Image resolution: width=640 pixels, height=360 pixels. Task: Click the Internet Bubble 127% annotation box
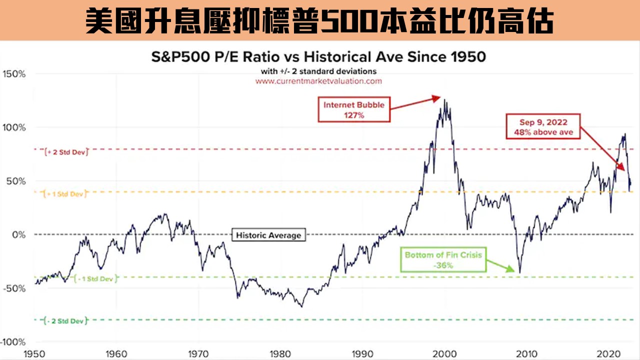click(354, 109)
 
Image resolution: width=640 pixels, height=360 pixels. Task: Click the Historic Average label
click(268, 235)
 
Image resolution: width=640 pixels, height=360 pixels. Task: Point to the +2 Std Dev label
click(66, 151)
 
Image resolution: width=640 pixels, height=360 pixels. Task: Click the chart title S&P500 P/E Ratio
click(318, 56)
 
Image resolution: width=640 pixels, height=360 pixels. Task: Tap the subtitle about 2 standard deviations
click(318, 71)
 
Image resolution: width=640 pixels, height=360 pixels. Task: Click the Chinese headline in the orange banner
click(320, 21)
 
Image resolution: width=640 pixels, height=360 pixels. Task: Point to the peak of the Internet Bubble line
click(444, 100)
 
